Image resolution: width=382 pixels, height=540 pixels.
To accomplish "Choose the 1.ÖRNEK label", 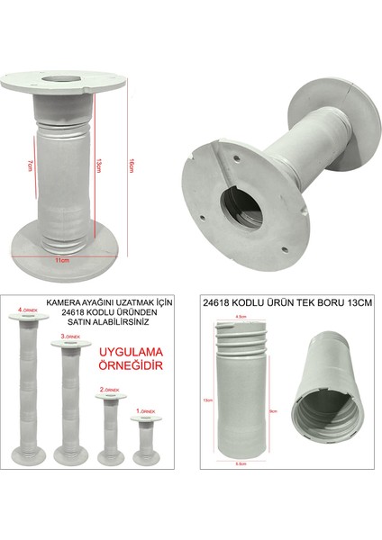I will tap(145, 409).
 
